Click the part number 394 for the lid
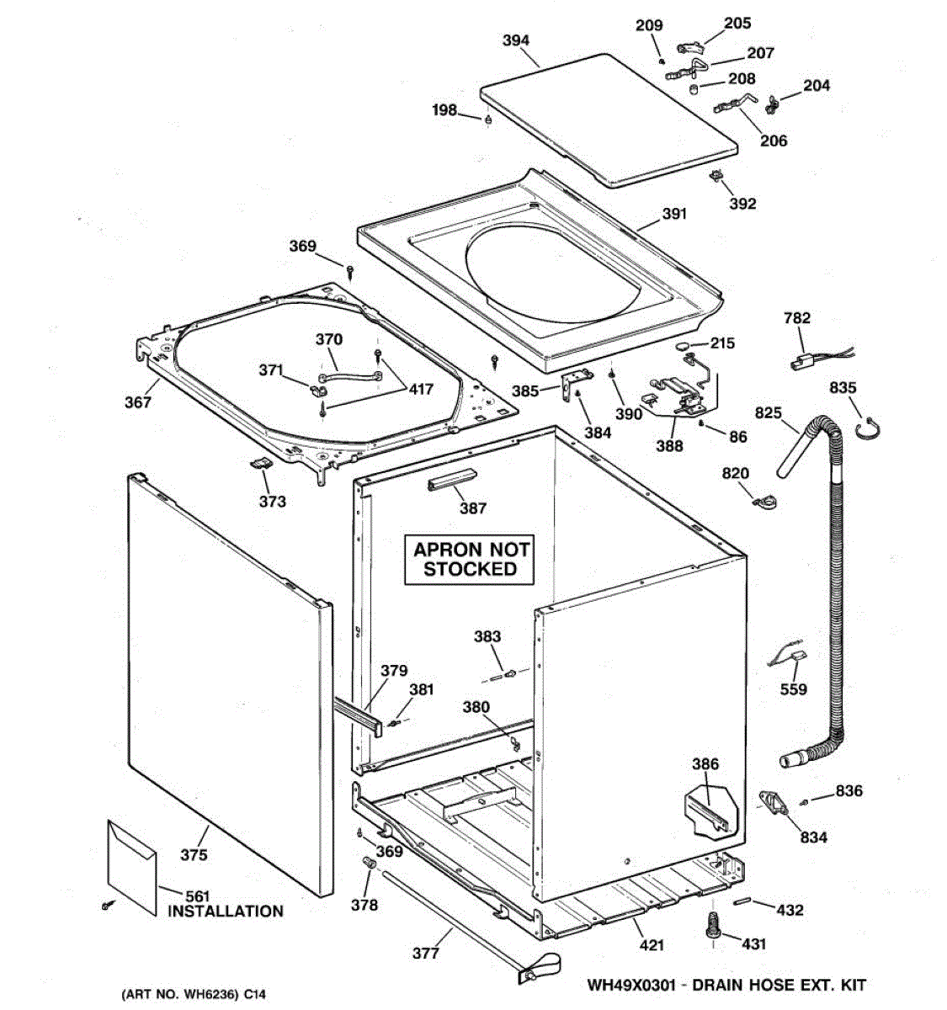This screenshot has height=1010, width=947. tap(515, 40)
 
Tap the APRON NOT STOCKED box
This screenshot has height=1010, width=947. tap(471, 559)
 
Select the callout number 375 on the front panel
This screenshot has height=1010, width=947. tap(194, 855)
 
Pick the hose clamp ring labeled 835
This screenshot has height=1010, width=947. tap(868, 431)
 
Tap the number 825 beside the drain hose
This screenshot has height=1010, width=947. tap(768, 413)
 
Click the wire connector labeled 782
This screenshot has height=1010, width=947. tap(800, 364)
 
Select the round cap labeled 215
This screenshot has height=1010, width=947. tap(685, 346)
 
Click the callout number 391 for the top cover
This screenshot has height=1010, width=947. tap(674, 214)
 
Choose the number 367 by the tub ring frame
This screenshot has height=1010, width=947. tap(138, 402)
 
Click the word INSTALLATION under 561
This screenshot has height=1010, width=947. tap(226, 911)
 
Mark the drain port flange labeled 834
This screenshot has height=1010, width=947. tap(777, 802)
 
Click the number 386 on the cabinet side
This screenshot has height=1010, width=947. tap(705, 764)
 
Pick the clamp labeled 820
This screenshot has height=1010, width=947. tap(764, 502)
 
